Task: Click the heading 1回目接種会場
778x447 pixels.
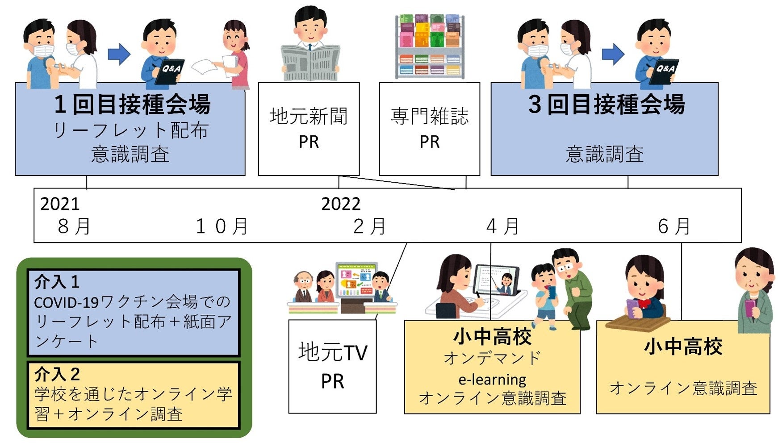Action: (x=132, y=104)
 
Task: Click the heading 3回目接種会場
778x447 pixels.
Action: (x=606, y=104)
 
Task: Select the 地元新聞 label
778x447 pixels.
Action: (x=309, y=116)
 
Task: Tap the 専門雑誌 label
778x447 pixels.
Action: (x=429, y=116)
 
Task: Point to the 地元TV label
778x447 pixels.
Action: (x=332, y=352)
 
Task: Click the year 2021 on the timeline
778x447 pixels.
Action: (x=60, y=204)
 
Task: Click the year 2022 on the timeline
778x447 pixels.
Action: (x=341, y=204)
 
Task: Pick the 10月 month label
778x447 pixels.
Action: (x=222, y=226)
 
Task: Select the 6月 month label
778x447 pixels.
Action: (x=674, y=226)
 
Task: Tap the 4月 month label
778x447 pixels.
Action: (x=502, y=226)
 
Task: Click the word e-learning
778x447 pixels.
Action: (x=492, y=380)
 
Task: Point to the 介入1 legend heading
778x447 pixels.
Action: (x=57, y=282)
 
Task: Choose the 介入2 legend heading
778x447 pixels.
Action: (x=57, y=374)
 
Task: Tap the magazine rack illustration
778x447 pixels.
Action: (x=430, y=47)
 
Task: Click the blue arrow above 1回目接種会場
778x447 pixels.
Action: (x=119, y=54)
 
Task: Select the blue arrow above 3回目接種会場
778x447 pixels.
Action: (x=613, y=54)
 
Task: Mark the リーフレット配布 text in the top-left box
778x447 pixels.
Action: (x=130, y=131)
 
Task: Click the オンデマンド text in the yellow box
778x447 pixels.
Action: (x=492, y=358)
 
